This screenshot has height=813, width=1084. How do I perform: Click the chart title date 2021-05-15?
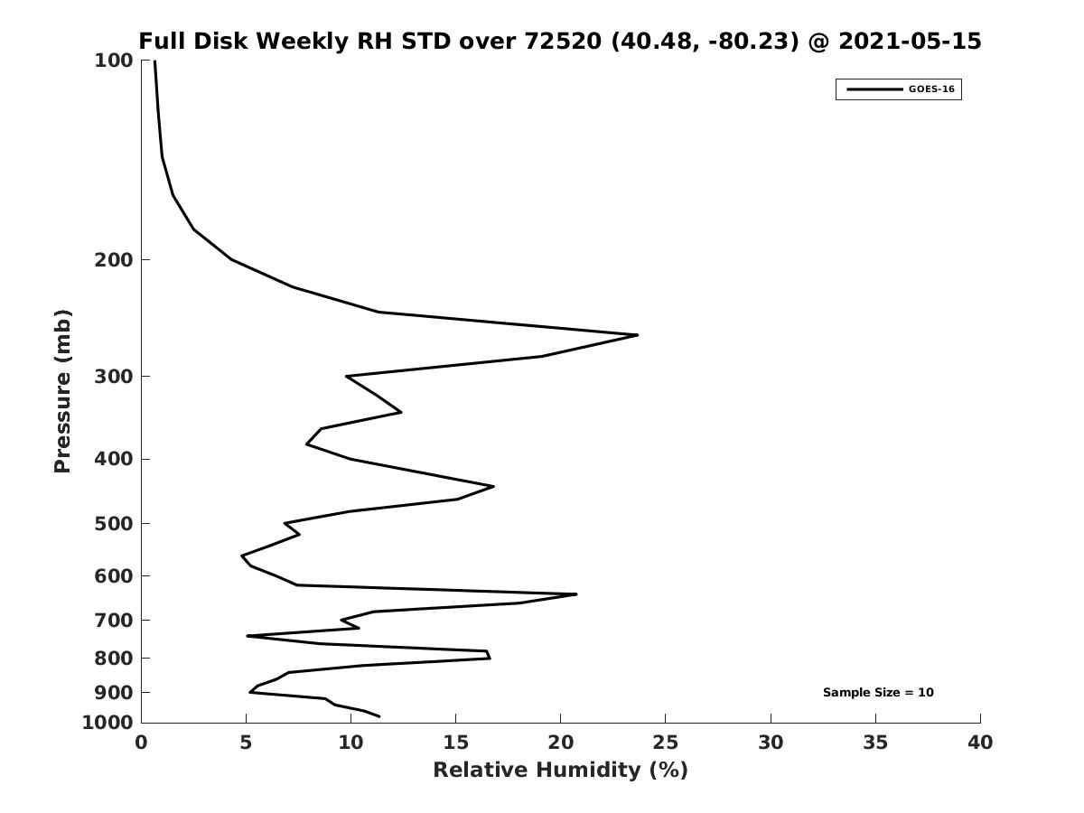coord(910,42)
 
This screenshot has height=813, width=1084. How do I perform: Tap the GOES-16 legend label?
coord(930,89)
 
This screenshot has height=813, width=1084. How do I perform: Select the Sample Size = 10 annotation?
coord(878,693)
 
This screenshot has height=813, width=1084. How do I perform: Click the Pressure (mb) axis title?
coord(62,391)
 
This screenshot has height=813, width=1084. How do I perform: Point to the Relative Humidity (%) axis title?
coord(560,770)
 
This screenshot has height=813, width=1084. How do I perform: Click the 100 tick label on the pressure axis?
coord(114,61)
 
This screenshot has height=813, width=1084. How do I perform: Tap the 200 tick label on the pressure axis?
coord(114,260)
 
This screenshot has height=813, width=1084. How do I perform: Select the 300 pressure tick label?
coord(114,377)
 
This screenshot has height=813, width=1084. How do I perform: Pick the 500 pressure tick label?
coord(114,524)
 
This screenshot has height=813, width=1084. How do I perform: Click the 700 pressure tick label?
coord(114,621)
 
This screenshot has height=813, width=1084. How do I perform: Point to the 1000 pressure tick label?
coord(108,723)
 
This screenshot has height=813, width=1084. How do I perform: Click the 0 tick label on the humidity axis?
coord(141,743)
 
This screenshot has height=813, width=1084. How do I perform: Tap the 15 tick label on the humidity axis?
coord(455,743)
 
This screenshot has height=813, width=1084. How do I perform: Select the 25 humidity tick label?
coord(665,743)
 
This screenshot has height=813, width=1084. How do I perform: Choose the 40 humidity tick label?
coord(979,743)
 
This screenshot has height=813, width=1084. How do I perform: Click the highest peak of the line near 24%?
coord(637,335)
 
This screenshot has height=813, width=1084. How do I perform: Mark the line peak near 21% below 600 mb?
coord(575,594)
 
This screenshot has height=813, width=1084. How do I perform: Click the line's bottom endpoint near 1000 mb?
coord(378,716)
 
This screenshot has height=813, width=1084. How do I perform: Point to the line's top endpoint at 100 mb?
coord(154,61)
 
